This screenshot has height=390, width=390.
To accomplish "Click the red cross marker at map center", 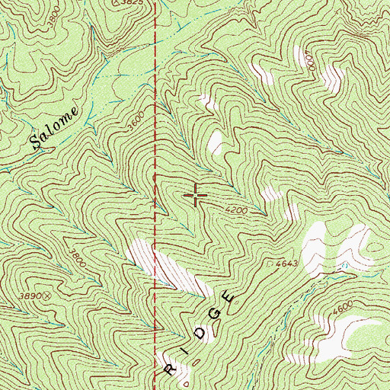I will coord(196,196).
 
